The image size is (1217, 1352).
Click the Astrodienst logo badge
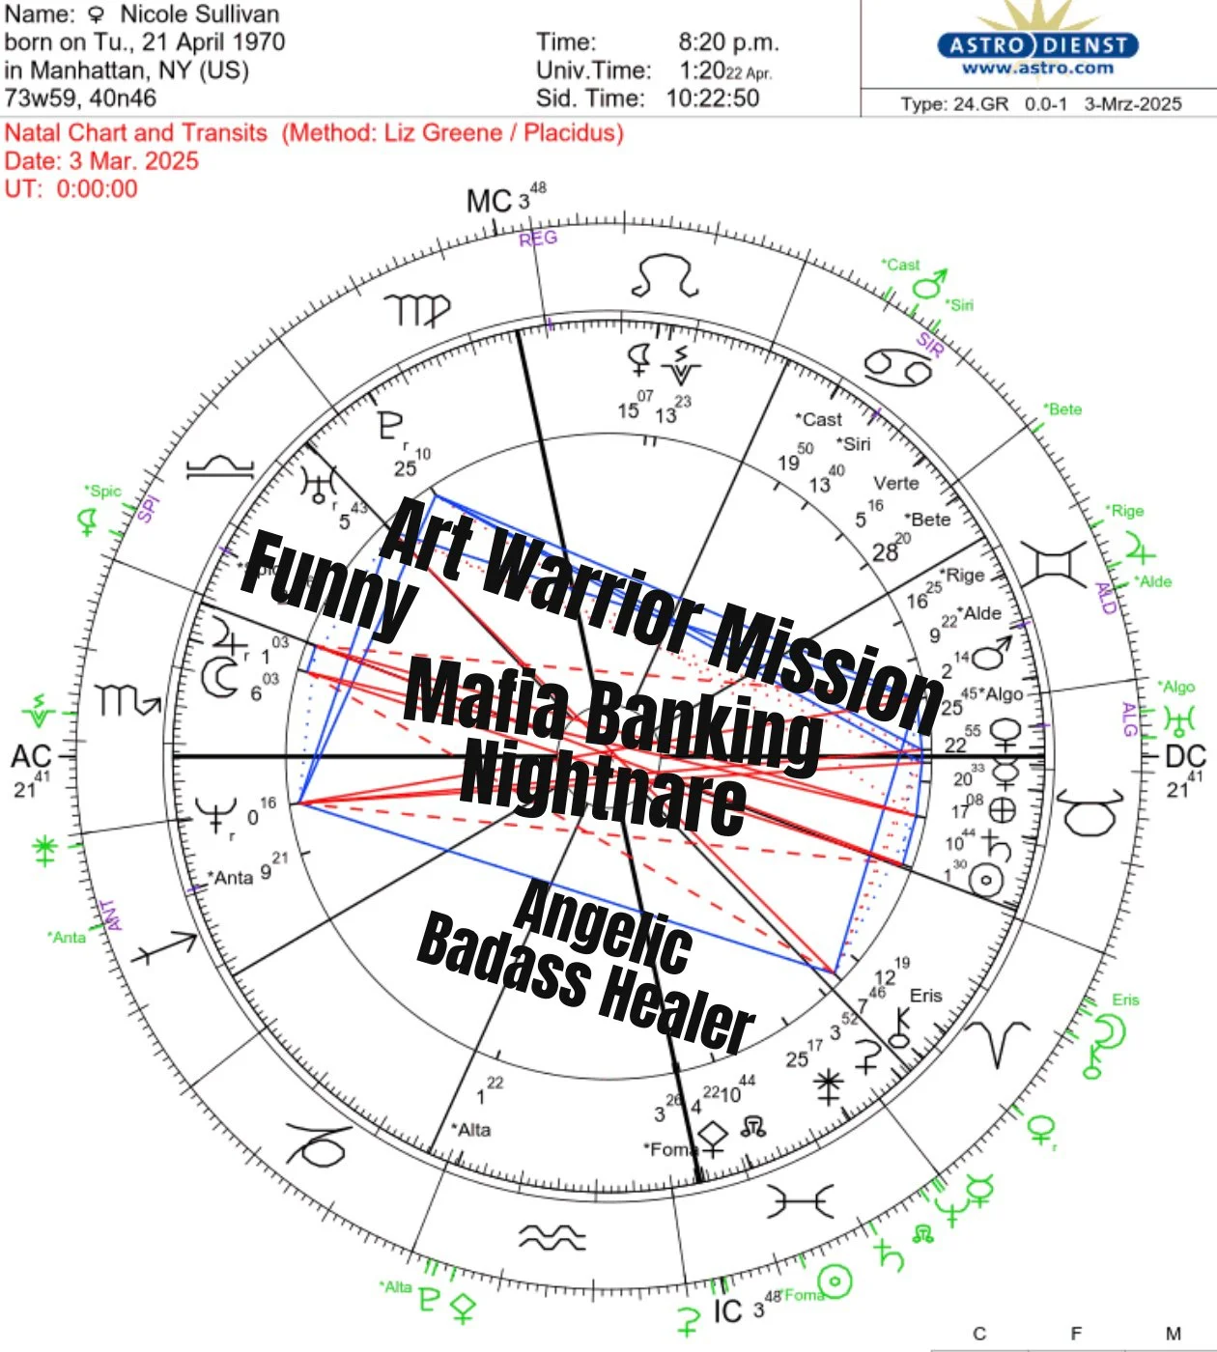[x=1037, y=45]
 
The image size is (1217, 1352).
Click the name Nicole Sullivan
[x=199, y=14]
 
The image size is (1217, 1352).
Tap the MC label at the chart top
[x=489, y=201]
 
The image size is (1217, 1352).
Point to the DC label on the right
[x=1185, y=756]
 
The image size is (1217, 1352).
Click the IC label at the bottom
[x=727, y=1310]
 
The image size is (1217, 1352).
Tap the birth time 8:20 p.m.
[x=728, y=42]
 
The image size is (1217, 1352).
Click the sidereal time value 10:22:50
[x=712, y=98]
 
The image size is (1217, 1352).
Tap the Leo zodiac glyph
[x=665, y=277]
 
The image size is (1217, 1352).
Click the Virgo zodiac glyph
[x=417, y=310]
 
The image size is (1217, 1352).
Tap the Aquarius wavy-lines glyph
[x=552, y=1237]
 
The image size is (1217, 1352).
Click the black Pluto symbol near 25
[x=389, y=426]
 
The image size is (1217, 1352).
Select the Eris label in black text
[x=925, y=996]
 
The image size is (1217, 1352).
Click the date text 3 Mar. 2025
[x=133, y=160]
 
